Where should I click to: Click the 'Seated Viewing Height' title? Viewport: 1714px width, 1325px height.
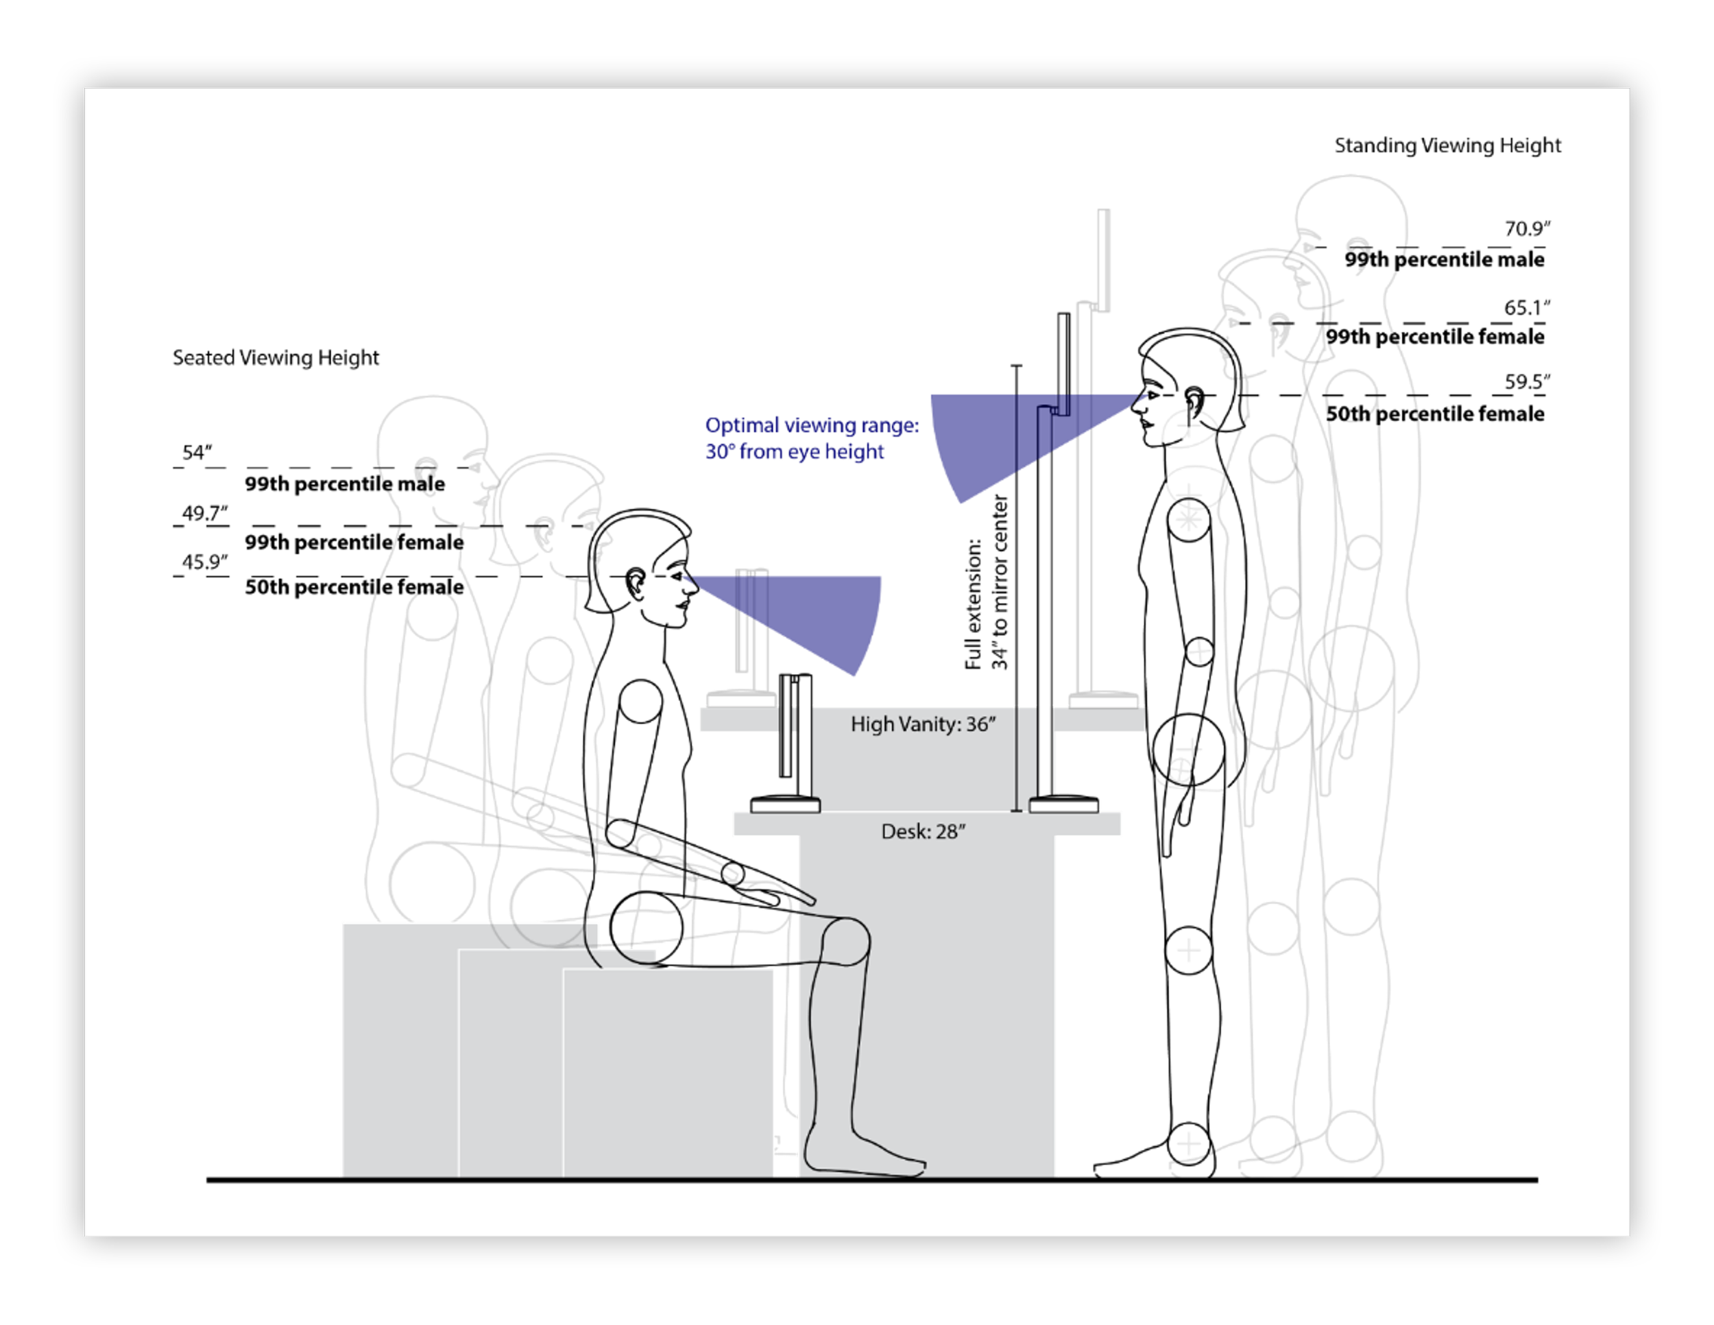[276, 358]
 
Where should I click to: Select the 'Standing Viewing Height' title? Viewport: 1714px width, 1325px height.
[1447, 145]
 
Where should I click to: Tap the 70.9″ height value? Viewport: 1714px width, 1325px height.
[1526, 228]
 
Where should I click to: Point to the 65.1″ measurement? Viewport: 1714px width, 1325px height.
[1526, 308]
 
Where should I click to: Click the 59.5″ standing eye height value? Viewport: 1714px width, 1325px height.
[1526, 382]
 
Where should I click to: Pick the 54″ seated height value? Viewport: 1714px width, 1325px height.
[197, 453]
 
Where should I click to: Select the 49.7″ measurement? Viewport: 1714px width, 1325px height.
[204, 514]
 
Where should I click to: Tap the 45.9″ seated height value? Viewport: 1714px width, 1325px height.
[204, 562]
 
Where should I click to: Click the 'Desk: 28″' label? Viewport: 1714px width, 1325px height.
[923, 831]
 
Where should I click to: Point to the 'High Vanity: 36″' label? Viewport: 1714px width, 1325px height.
[923, 724]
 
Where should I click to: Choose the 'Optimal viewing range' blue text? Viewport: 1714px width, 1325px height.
[812, 438]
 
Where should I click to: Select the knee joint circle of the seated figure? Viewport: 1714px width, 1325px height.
[845, 941]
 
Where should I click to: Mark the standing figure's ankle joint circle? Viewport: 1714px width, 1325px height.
[1189, 1145]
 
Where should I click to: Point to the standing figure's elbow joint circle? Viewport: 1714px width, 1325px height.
[1199, 652]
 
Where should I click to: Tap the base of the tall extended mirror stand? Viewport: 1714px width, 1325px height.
[1063, 804]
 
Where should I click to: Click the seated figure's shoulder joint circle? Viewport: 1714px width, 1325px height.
[640, 701]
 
